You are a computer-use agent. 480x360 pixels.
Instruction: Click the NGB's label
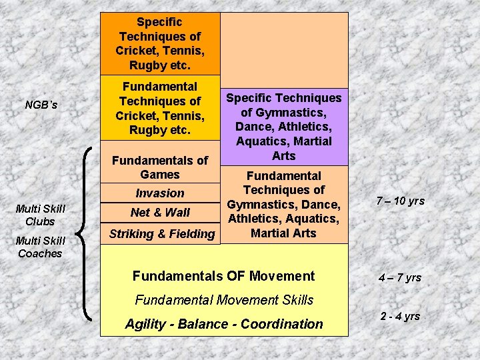coord(41,105)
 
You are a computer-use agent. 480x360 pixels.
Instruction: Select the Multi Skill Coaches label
coord(40,247)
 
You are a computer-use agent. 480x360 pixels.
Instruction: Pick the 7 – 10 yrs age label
coord(401,201)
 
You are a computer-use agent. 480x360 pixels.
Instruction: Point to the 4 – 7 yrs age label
coord(401,277)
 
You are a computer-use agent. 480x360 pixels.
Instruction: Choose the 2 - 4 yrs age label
coord(400,316)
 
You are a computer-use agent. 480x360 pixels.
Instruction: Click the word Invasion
coord(160,193)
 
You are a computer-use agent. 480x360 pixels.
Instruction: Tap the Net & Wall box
coord(160,213)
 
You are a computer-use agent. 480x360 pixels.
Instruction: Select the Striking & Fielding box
coord(162,233)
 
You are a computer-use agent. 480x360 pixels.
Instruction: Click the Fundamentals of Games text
coord(160,167)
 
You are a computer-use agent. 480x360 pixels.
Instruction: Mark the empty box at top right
coord(284,50)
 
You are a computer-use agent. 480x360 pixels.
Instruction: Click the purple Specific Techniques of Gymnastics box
coord(284,127)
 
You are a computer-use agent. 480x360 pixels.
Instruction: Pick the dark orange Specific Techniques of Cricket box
coord(160,44)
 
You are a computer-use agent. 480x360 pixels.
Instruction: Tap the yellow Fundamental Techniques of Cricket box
coord(160,108)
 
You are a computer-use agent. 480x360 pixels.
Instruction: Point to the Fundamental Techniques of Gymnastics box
coord(284,205)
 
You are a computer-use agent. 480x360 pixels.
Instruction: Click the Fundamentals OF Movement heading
coord(223,276)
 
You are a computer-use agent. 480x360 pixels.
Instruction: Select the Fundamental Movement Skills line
coord(223,300)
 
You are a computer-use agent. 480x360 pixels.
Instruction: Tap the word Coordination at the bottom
coord(281,325)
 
